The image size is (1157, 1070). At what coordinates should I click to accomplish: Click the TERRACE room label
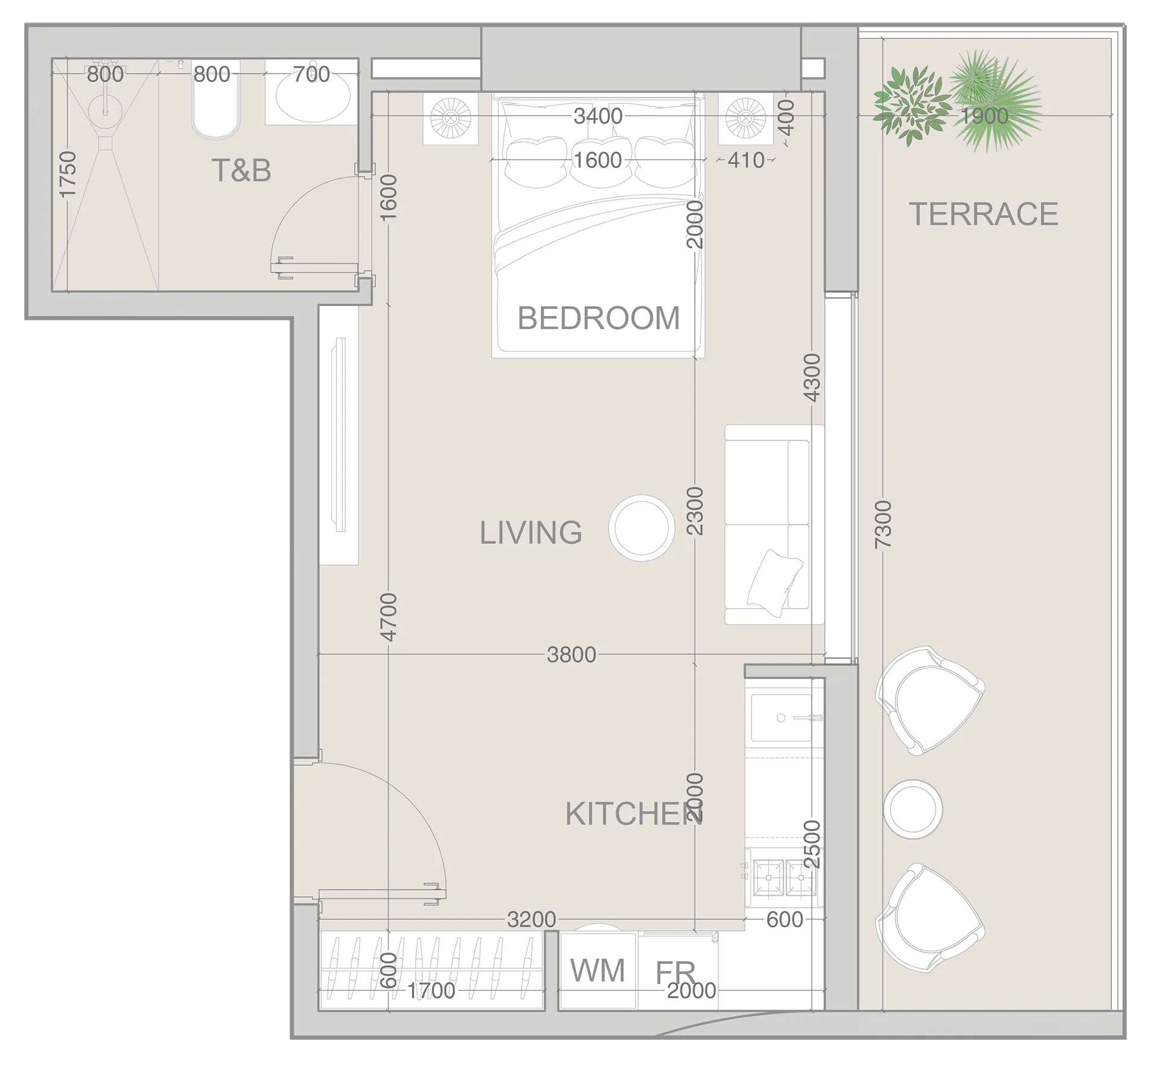tap(983, 214)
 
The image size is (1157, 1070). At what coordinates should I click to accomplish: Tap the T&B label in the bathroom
tap(241, 171)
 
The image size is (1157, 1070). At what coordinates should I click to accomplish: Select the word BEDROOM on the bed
tap(598, 318)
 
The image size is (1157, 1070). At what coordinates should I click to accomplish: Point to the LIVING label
tap(531, 533)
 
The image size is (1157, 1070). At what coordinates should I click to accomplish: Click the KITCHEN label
tap(634, 814)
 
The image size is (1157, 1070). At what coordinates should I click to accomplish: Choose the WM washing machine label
tap(598, 971)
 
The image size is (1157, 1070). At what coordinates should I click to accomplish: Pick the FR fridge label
tap(675, 972)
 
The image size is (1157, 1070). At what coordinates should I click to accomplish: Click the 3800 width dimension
tap(571, 655)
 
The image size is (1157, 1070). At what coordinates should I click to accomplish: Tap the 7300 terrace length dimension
tap(882, 524)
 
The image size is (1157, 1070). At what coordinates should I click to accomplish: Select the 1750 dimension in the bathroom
tap(67, 174)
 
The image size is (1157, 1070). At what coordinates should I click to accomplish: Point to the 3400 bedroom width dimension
tap(598, 116)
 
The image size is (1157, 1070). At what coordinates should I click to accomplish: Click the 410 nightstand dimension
tap(746, 160)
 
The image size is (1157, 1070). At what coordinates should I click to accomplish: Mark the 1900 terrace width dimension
tap(983, 116)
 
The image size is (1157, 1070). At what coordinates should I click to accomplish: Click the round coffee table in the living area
tap(641, 528)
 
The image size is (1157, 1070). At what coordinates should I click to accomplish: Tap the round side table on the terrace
tap(913, 809)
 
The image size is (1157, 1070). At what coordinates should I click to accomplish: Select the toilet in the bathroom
tap(215, 99)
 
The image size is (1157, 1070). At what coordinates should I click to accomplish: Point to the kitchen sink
tap(781, 718)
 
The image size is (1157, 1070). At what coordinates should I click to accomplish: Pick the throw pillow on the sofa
tap(774, 583)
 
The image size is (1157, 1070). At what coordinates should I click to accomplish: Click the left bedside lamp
tap(450, 118)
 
